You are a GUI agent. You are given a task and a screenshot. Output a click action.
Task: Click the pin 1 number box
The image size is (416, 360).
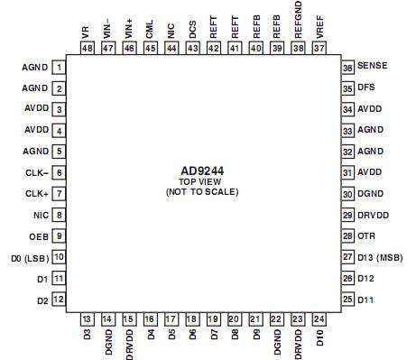coord(59,68)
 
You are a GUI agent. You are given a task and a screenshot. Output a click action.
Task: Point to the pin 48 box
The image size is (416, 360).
coord(87,49)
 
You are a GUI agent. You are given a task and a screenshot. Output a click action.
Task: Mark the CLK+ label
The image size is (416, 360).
coord(35,194)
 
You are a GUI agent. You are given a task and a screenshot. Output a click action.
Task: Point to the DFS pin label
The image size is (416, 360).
coord(366,88)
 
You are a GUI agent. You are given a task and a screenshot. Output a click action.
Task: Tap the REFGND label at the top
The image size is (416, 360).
coord(299,20)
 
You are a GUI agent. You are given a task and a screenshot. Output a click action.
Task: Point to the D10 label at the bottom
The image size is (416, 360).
coord(320,342)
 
